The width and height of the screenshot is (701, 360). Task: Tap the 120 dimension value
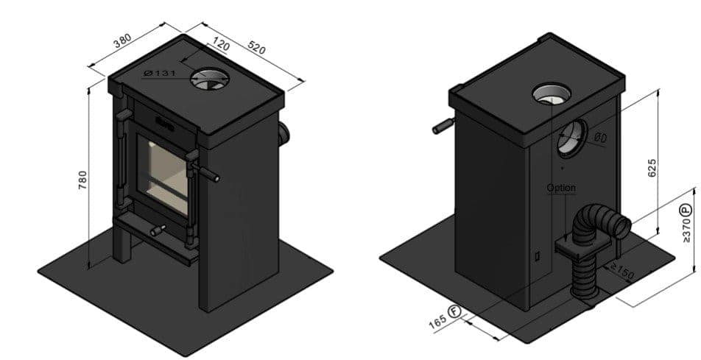219,46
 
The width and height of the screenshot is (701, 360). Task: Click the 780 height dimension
83,181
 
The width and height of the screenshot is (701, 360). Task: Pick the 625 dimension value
652,168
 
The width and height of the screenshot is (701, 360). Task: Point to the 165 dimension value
437,323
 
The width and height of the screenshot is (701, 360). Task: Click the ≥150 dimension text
621,271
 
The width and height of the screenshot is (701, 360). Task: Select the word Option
561,188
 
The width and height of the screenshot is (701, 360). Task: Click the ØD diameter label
600,137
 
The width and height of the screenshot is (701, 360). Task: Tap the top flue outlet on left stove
206,79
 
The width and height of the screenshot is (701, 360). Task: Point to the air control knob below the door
158,230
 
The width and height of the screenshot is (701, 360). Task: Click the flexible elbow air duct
600,225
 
